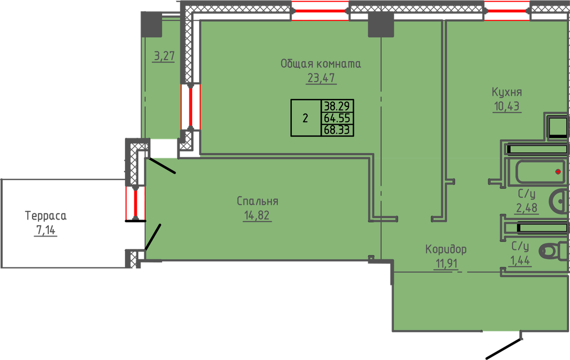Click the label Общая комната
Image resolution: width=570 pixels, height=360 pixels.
click(x=320, y=64)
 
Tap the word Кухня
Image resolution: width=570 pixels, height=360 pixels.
click(x=507, y=93)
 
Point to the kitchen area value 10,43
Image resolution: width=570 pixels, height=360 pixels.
click(x=507, y=107)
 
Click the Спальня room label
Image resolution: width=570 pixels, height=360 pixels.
click(x=257, y=201)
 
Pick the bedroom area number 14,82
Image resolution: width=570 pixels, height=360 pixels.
click(x=257, y=215)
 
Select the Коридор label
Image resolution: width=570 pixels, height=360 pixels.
click(x=446, y=249)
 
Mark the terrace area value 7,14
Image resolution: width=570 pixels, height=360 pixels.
click(x=46, y=230)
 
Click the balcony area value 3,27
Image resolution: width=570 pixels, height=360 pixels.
click(x=164, y=57)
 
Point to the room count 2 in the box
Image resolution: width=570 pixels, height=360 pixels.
click(x=306, y=118)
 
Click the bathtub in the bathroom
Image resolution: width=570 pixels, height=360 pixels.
click(x=535, y=172)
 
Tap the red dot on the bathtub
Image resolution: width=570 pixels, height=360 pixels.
click(x=558, y=171)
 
